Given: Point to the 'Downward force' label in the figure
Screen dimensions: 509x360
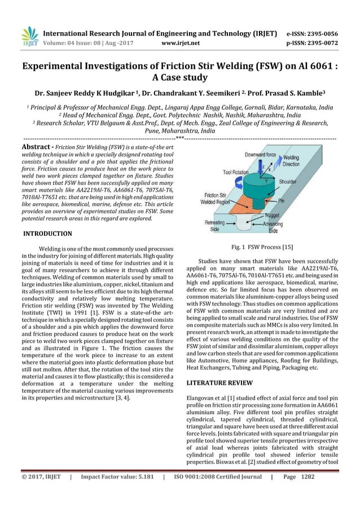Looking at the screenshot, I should click(260, 153).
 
